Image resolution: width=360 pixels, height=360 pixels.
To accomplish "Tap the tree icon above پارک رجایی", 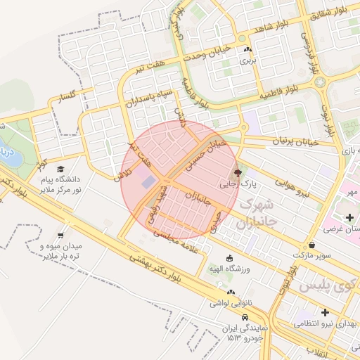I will pyautogui.click(x=238, y=172).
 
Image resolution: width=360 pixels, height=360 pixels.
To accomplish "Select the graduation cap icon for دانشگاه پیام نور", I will pyautogui.click(x=61, y=169).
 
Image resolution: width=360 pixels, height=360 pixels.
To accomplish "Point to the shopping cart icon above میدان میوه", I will pyautogui.click(x=61, y=236).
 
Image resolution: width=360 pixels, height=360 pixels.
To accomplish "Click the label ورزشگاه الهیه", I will pyautogui.click(x=229, y=269).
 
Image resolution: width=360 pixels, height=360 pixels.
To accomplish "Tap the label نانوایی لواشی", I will pyautogui.click(x=231, y=303).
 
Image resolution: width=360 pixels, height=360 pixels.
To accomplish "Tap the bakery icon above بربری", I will pyautogui.click(x=247, y=50).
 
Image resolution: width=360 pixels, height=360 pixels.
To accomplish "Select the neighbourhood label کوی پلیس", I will pyautogui.click(x=323, y=287).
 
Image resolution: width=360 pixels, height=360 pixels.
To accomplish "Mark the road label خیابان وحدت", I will pyautogui.click(x=213, y=56).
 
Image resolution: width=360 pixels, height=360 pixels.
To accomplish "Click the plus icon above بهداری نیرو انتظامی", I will pyautogui.click(x=325, y=311).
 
